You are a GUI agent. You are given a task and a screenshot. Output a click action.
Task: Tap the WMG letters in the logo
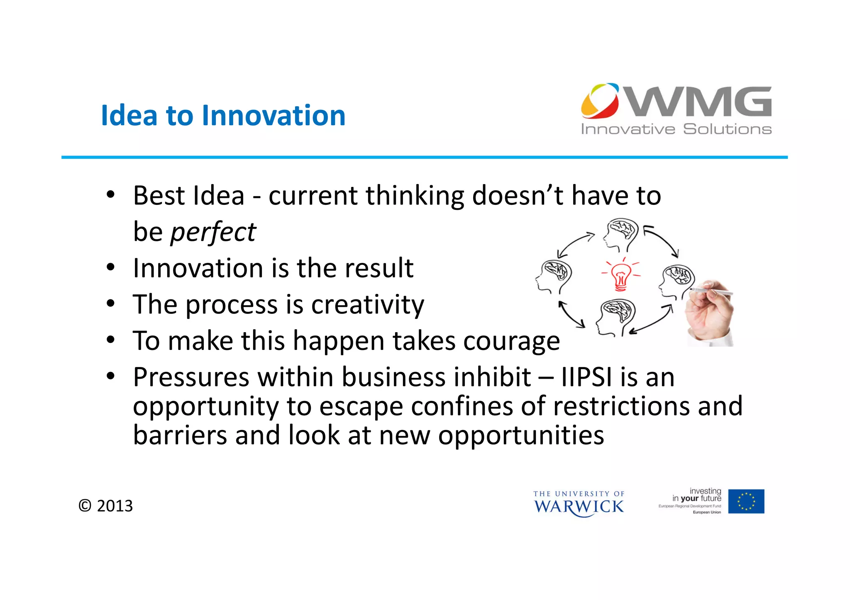(699, 102)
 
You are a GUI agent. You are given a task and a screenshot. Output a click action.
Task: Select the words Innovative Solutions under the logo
(676, 129)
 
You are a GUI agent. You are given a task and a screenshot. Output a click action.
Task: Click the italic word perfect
(213, 232)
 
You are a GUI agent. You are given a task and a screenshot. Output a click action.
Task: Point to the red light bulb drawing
(621, 274)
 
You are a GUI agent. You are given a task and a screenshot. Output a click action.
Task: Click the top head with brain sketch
(621, 235)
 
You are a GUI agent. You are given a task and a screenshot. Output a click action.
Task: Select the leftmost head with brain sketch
(554, 276)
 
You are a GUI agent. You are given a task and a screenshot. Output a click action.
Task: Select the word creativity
(367, 305)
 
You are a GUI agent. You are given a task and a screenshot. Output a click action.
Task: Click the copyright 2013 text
(106, 506)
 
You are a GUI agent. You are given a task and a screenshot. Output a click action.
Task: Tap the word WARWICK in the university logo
(579, 507)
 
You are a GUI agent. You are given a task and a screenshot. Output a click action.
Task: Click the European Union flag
(746, 501)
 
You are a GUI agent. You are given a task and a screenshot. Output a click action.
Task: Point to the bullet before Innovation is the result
(110, 268)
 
